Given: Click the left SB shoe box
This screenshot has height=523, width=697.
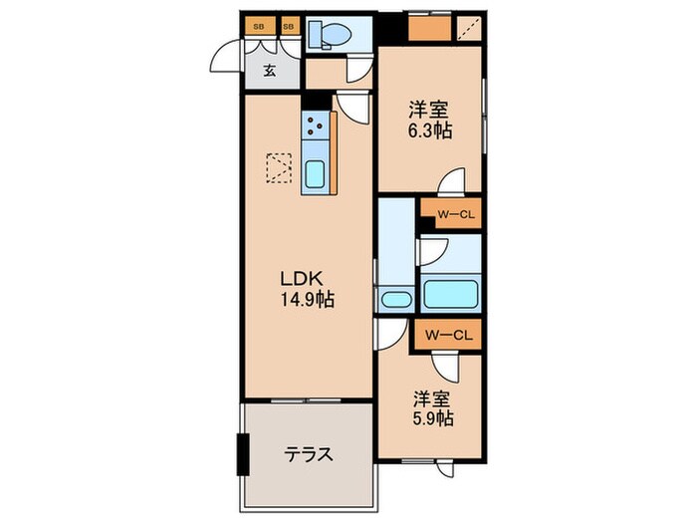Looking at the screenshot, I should coord(258,26).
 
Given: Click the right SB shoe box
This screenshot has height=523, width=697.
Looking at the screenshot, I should coord(290,26).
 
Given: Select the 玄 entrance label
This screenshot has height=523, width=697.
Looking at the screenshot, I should coord(269,71).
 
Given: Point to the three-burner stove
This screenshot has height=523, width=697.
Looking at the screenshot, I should coord(318,127).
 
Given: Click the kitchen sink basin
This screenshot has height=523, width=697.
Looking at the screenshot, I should coord(315,174).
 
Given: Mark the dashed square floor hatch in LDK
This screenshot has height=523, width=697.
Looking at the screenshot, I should coord(279,168).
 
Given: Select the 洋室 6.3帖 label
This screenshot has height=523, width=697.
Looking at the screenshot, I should coord(429,120).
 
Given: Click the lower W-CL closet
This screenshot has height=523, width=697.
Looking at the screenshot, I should coord(449,335).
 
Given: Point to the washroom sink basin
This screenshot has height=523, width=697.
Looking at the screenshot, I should coord(396,299).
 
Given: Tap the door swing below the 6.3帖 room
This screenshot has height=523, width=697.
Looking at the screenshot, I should coord(453,182).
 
